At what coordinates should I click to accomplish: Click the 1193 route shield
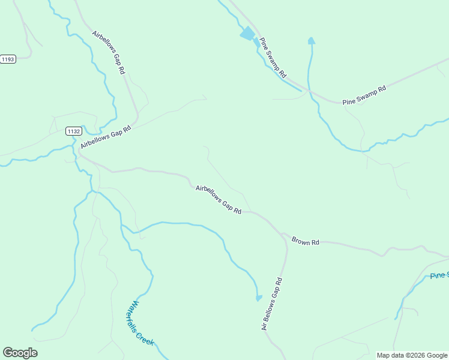pos(7,59)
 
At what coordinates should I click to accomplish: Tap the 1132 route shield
pos(74,131)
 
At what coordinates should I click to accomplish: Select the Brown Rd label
pos(306,241)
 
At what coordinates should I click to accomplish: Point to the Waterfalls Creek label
pos(139,323)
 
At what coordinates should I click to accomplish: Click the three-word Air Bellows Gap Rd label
pos(271,304)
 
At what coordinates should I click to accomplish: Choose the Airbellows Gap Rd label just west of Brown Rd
pos(218,199)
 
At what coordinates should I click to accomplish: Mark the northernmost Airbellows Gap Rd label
pos(109,52)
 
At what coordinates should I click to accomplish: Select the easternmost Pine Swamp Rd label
pos(364,95)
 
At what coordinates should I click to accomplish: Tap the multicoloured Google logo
pos(20,353)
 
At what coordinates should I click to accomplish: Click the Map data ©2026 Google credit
pos(412,355)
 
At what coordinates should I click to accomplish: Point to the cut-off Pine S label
pos(439,275)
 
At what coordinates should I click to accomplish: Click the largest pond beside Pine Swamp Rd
pos(247,34)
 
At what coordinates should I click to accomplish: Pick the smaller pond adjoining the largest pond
pos(256,43)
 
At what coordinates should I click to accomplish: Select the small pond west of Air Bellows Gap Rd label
pos(259,297)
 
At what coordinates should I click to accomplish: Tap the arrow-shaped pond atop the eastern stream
pos(311,41)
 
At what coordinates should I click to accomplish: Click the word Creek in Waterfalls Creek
pos(145,337)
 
